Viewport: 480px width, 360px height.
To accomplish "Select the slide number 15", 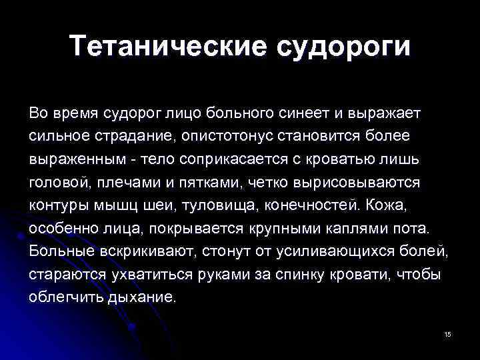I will point(447,333).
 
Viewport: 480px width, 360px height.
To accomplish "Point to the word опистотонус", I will point(251,136).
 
